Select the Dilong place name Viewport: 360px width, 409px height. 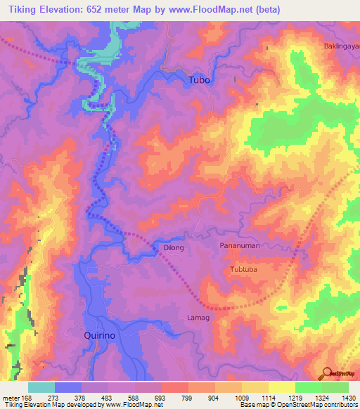coord(174,248)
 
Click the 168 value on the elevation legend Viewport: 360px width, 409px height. coord(27,397)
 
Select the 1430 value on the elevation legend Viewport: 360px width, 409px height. coord(348,397)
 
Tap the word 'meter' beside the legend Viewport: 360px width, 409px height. coord(11,397)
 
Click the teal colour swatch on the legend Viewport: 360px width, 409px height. coord(41,387)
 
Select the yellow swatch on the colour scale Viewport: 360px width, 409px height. coord(281,387)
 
